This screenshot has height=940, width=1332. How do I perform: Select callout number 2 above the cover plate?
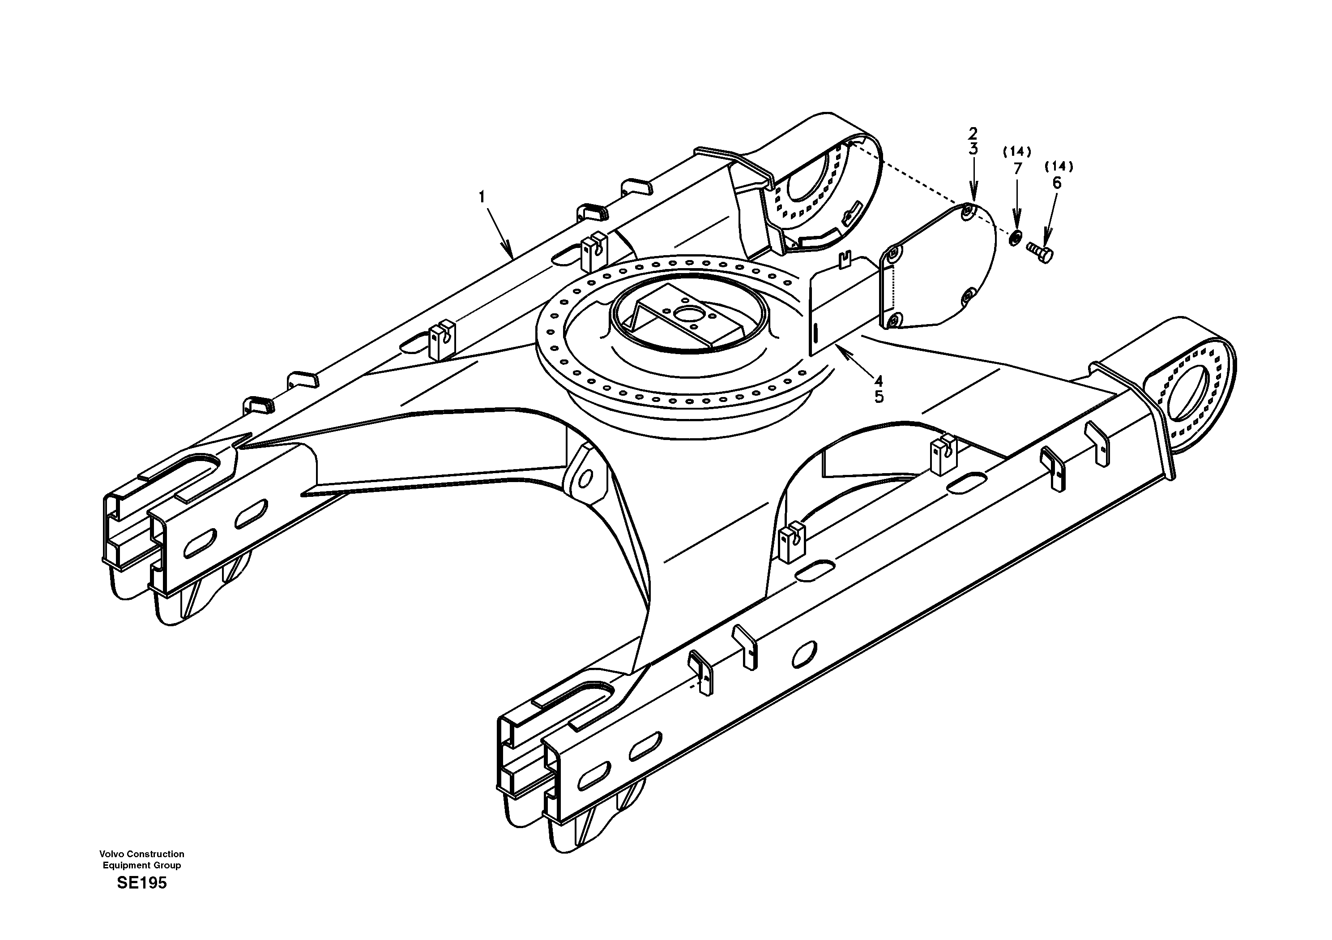[x=973, y=133]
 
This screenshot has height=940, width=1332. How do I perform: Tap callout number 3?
[x=973, y=149]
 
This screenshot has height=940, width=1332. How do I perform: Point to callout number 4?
[x=879, y=381]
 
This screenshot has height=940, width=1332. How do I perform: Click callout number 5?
[x=879, y=397]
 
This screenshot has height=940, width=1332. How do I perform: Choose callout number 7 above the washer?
[x=1017, y=168]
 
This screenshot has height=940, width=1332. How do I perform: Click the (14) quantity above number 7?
[x=1017, y=152]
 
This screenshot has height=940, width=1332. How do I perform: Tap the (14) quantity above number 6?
[x=1059, y=167]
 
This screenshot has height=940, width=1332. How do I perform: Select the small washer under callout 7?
[x=1015, y=237]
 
